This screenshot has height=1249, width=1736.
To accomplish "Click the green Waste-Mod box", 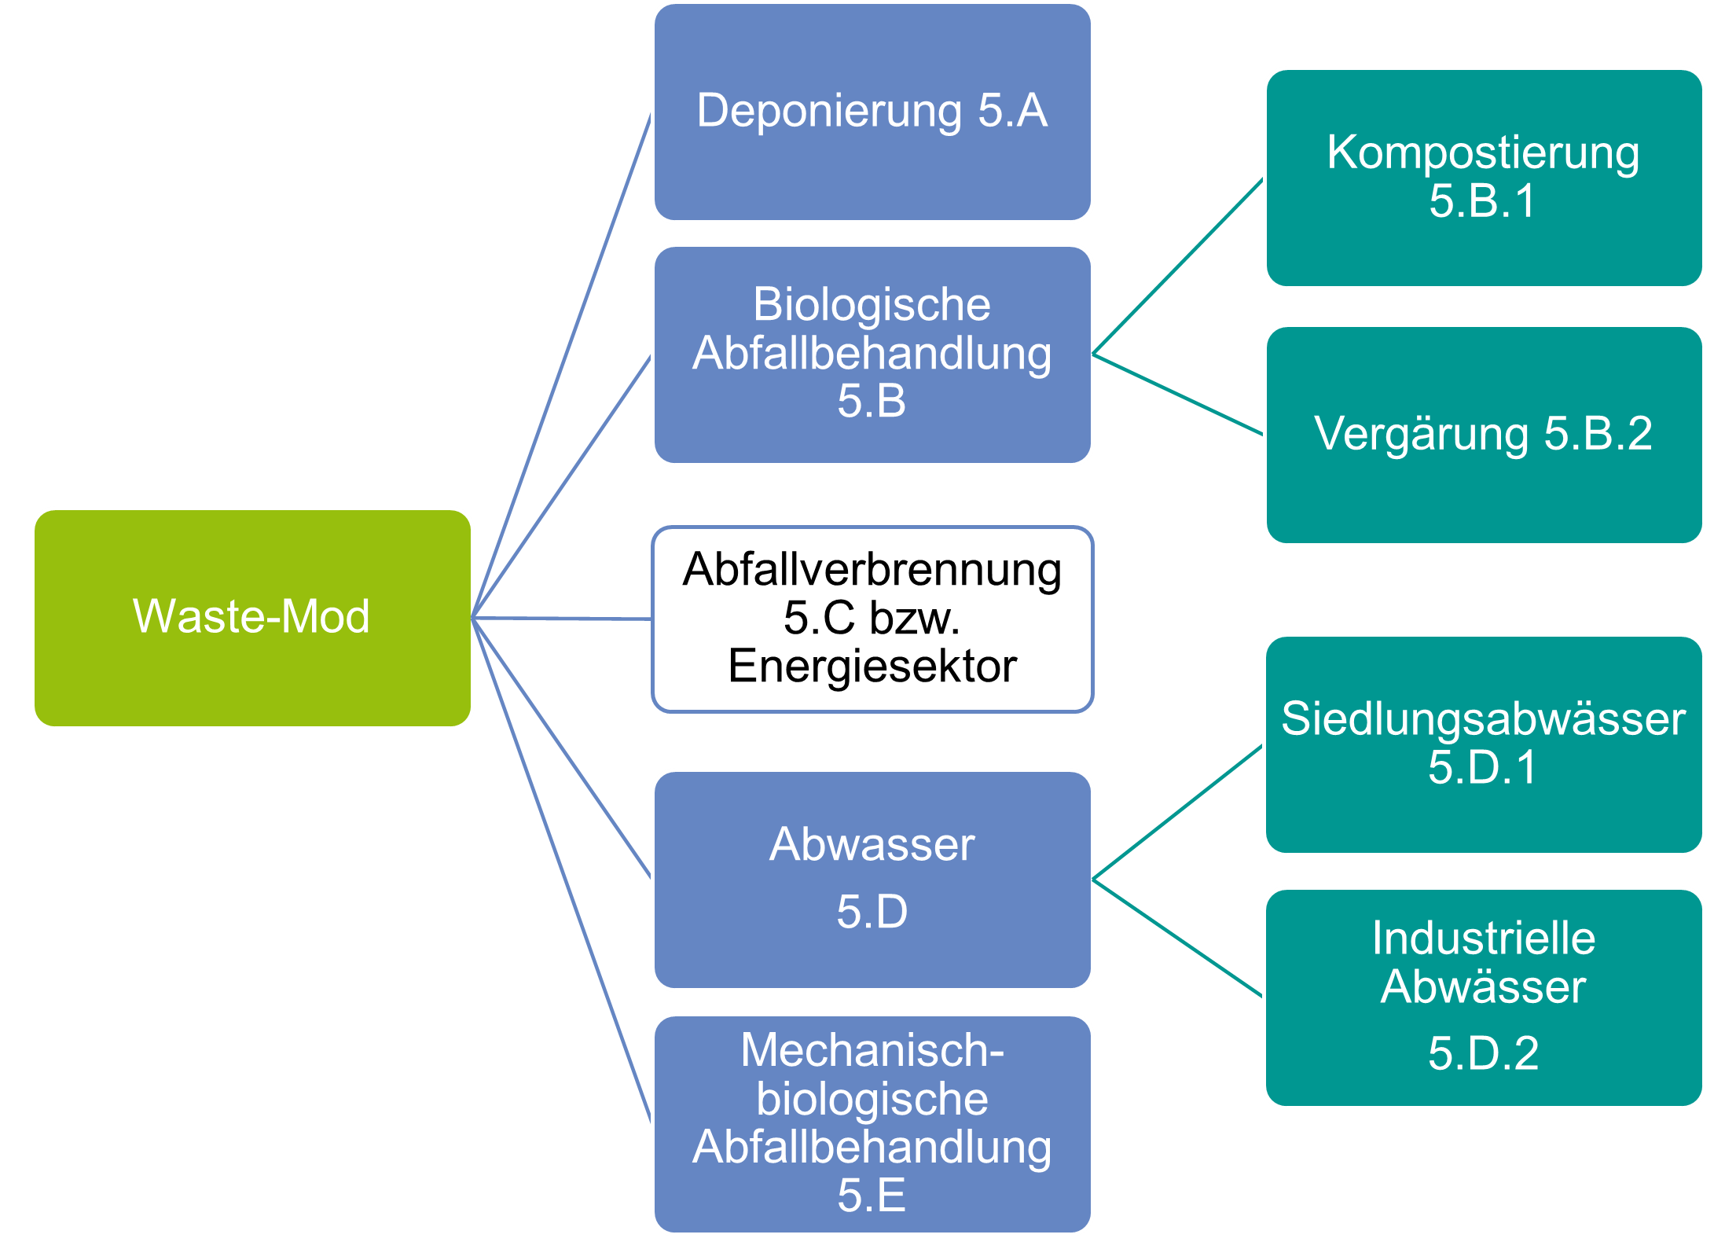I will (x=252, y=618).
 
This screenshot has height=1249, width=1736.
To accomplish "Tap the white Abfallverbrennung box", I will (x=872, y=619).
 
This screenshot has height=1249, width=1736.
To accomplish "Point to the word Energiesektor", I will (x=872, y=667).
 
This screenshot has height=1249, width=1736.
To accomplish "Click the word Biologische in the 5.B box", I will (x=872, y=305).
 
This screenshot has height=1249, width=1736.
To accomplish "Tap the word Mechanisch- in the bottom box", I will (x=872, y=1050).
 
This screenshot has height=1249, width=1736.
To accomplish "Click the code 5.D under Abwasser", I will (x=872, y=912).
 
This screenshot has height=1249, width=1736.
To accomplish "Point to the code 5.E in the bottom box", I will (x=872, y=1196).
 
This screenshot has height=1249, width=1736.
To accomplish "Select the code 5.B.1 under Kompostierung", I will (x=1483, y=201).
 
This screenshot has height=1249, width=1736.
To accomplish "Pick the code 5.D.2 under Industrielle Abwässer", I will (x=1483, y=1053).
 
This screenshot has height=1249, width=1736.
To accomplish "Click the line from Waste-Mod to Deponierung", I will (x=562, y=366).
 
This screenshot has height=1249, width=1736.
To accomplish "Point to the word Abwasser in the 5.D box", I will (x=872, y=846).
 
